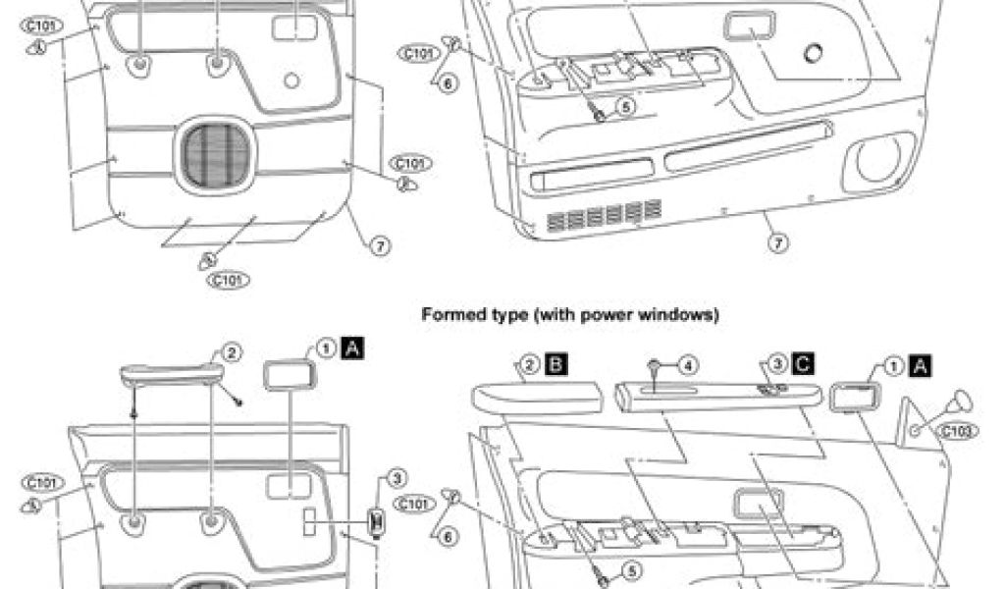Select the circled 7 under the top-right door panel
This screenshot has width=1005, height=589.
(776, 241)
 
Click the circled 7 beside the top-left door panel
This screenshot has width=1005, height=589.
(380, 246)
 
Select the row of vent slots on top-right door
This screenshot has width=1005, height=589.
(603, 213)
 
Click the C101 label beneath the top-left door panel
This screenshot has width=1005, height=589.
(228, 279)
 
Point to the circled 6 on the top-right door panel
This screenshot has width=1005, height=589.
(447, 83)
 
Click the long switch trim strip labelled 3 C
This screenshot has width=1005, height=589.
(716, 396)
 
